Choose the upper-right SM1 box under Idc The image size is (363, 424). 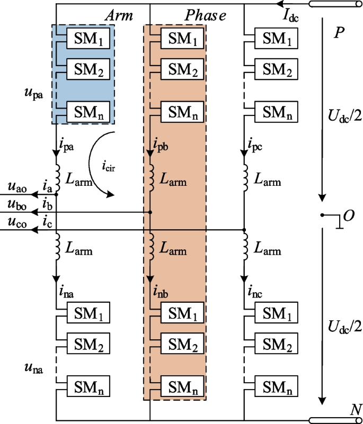coord(277,38)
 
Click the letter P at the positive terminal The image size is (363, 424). coord(339,33)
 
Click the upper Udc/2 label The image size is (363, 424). coord(344,115)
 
